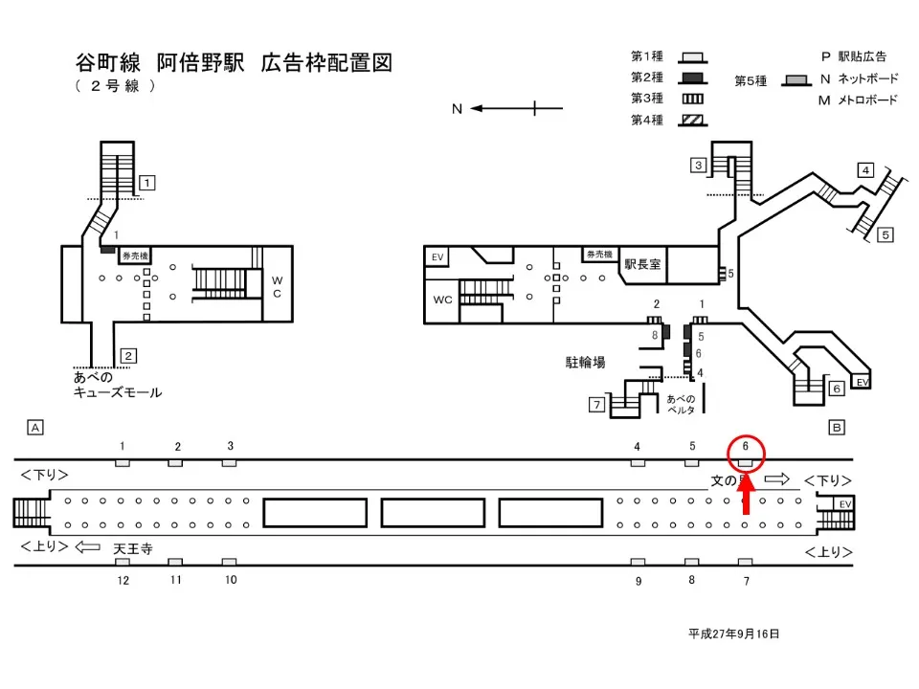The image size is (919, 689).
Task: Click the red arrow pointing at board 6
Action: pyautogui.click(x=747, y=499)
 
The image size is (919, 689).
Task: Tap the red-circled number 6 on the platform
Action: pyautogui.click(x=745, y=446)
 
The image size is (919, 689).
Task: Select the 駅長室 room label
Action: pyautogui.click(x=642, y=264)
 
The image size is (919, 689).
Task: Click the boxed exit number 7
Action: pyautogui.click(x=596, y=405)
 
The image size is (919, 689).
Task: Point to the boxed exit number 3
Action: pyautogui.click(x=700, y=166)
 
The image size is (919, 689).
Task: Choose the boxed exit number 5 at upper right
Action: pyautogui.click(x=885, y=233)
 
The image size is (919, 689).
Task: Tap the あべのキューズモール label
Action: pyautogui.click(x=117, y=385)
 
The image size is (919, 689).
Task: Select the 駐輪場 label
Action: pyautogui.click(x=586, y=362)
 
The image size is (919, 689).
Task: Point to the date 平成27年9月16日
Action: pyautogui.click(x=734, y=633)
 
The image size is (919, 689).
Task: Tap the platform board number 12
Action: pyautogui.click(x=123, y=580)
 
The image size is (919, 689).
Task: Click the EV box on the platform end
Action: pyautogui.click(x=844, y=503)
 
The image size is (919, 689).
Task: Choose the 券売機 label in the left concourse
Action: pyautogui.click(x=134, y=256)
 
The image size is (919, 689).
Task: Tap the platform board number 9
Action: pyautogui.click(x=638, y=580)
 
